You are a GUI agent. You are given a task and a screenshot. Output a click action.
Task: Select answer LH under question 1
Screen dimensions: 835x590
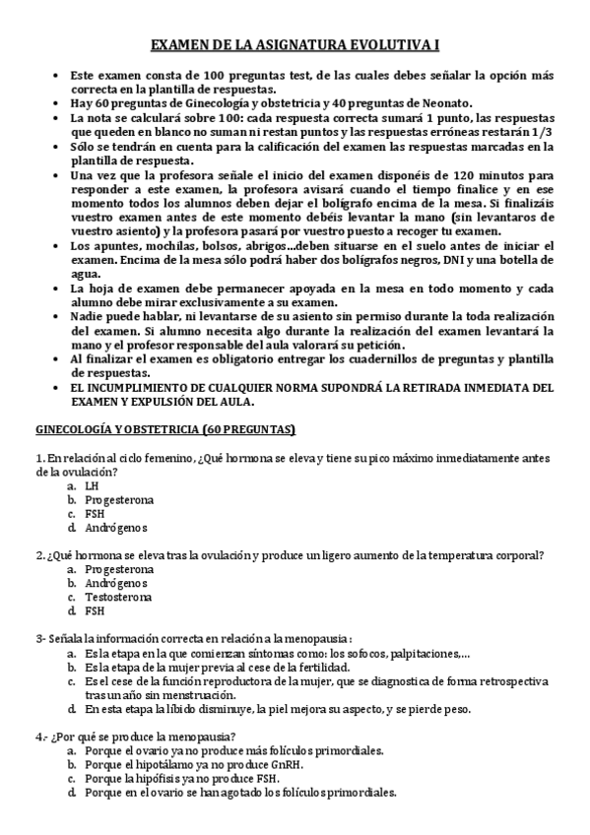92,485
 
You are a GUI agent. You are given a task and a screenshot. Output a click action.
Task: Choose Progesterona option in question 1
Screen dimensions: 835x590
118,499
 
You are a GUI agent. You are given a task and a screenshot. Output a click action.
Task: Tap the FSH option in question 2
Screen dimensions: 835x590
95,610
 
